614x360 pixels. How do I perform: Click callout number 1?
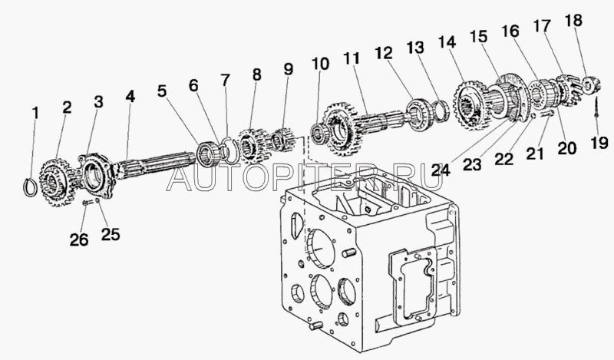pos(35,113)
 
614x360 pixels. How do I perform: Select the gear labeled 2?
pos(57,183)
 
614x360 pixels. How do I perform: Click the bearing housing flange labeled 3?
pos(96,176)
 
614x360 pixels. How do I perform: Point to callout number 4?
pos(130,96)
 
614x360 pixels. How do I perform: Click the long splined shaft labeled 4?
pos(155,165)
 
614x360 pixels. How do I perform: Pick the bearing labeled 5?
pos(207,155)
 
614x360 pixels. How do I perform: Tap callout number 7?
pos(225,80)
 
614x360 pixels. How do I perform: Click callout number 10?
pos(320,64)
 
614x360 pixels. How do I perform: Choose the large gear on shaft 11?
pos(339,128)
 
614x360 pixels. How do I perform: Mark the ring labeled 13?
pos(441,111)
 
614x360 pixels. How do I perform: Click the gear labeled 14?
pos(471,105)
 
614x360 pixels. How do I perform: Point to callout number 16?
pos(510,31)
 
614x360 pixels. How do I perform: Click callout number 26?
pos(79,239)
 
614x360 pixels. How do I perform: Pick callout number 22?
pos(504,159)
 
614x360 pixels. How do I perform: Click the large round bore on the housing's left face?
pos(321,249)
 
